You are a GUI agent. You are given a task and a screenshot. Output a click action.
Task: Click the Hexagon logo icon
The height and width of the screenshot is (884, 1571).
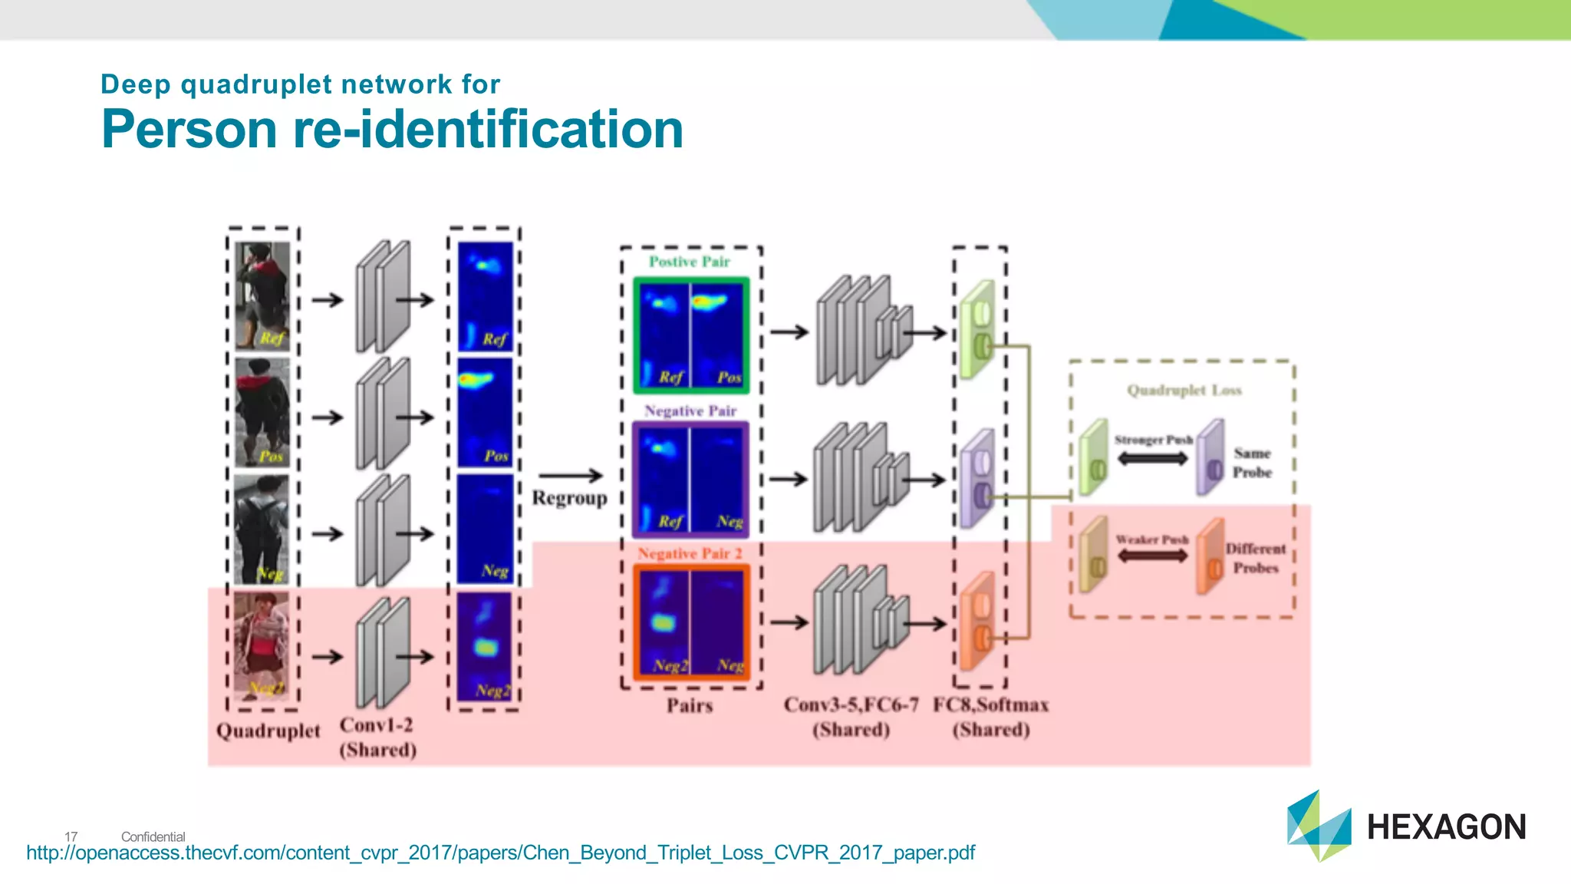point(1319,826)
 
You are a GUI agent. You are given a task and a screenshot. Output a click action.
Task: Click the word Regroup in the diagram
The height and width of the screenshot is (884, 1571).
point(569,498)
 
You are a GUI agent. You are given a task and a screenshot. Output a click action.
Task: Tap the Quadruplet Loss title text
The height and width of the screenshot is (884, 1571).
point(1184,390)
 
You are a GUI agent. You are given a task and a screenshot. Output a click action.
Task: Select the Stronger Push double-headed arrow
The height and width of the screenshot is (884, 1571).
point(1152,459)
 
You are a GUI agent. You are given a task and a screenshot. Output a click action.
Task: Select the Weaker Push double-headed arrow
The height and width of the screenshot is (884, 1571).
point(1152,556)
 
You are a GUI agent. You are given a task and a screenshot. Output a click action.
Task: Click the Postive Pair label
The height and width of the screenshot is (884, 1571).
point(689,262)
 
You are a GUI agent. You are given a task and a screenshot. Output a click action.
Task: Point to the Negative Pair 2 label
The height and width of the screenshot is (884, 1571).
point(689,553)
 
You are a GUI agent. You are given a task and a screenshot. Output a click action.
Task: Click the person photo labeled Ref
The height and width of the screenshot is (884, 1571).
point(262,295)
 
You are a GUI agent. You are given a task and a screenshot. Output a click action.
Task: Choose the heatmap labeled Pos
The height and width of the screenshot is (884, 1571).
point(485,412)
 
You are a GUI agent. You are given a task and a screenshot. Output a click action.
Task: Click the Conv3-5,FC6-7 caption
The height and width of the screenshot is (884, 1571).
point(851,705)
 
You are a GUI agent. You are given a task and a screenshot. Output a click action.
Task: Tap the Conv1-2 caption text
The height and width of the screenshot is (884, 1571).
point(376,725)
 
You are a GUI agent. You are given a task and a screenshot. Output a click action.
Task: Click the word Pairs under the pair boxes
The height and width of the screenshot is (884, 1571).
point(689,705)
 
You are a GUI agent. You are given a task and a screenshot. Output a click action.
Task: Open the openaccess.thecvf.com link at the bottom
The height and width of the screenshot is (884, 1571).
point(500,853)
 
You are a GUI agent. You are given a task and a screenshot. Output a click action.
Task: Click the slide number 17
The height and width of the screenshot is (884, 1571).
point(71,836)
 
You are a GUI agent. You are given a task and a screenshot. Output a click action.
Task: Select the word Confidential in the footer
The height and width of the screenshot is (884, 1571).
point(153,836)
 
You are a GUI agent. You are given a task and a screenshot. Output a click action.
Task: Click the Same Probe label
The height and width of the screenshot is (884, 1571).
point(1252,463)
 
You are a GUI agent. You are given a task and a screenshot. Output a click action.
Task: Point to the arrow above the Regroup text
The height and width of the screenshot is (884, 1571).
point(570,476)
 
